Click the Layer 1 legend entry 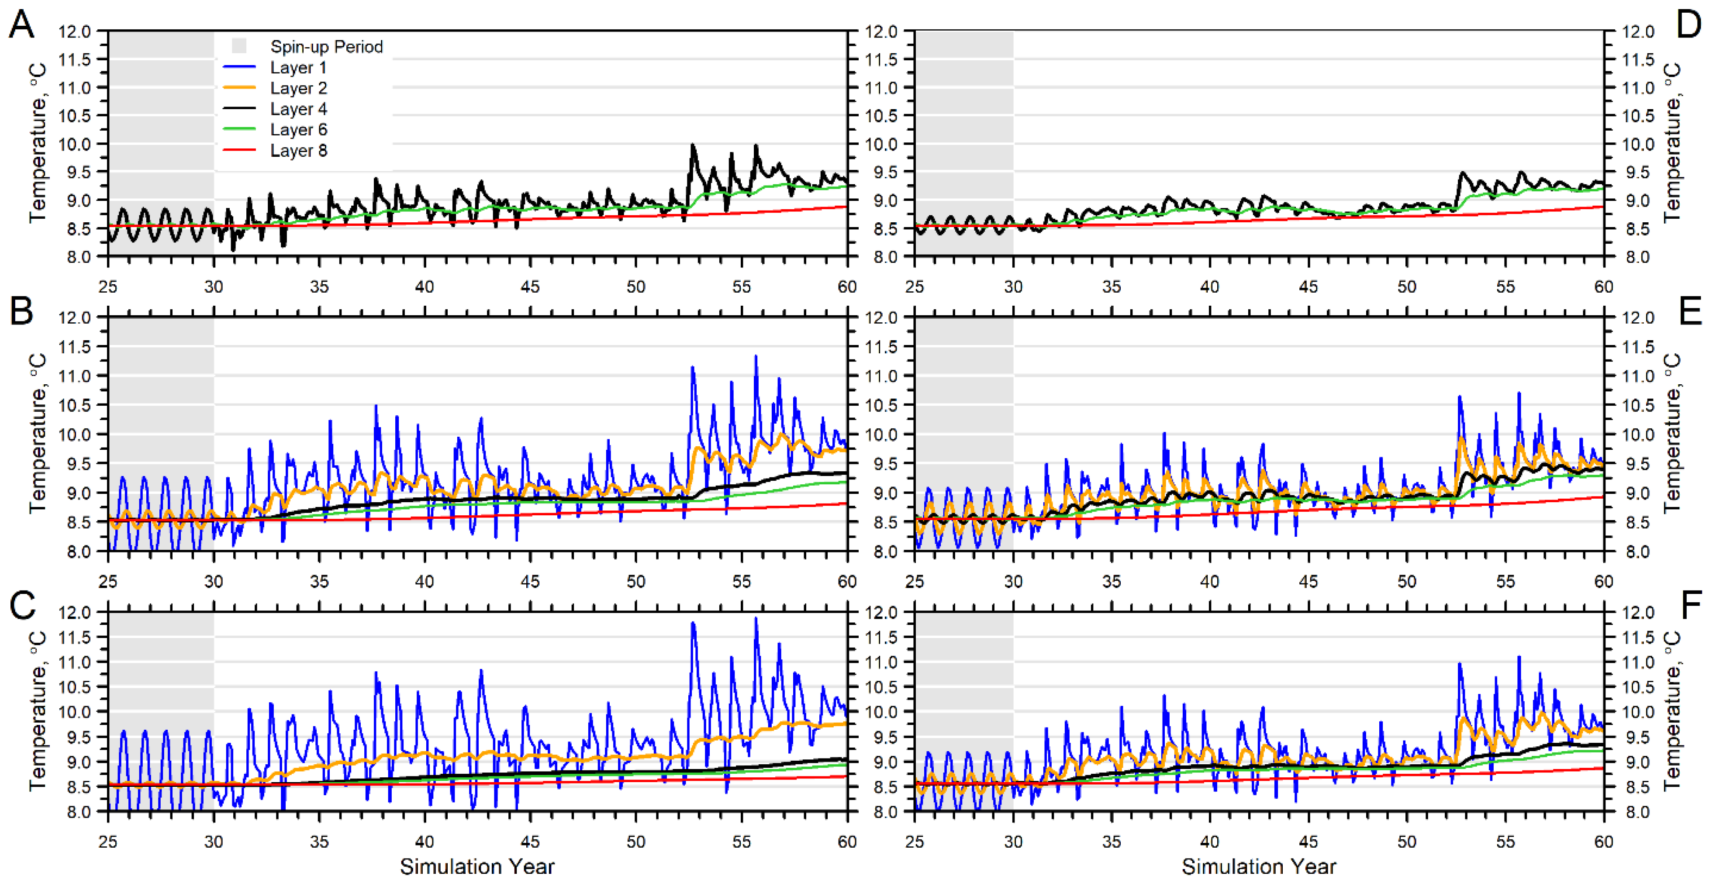(x=298, y=68)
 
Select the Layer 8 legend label (x=298, y=151)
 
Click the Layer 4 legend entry (x=298, y=109)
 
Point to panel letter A (x=21, y=25)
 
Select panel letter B (x=21, y=310)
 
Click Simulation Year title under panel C (x=476, y=866)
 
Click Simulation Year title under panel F (x=1259, y=866)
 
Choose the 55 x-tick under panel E (x=1505, y=582)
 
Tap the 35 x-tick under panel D (x=1111, y=286)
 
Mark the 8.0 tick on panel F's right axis (x=1636, y=812)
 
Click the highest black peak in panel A (x=693, y=145)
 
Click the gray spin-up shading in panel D (x=963, y=133)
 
